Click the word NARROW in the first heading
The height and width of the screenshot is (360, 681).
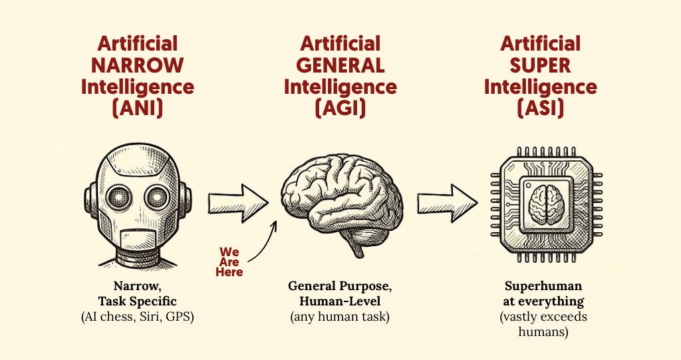click(138, 66)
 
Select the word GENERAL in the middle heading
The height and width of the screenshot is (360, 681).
click(340, 66)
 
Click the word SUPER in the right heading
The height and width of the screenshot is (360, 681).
click(539, 66)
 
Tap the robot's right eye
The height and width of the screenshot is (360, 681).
click(158, 196)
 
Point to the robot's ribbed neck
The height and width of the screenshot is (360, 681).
click(138, 256)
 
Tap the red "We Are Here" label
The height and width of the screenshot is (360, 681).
click(230, 262)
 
